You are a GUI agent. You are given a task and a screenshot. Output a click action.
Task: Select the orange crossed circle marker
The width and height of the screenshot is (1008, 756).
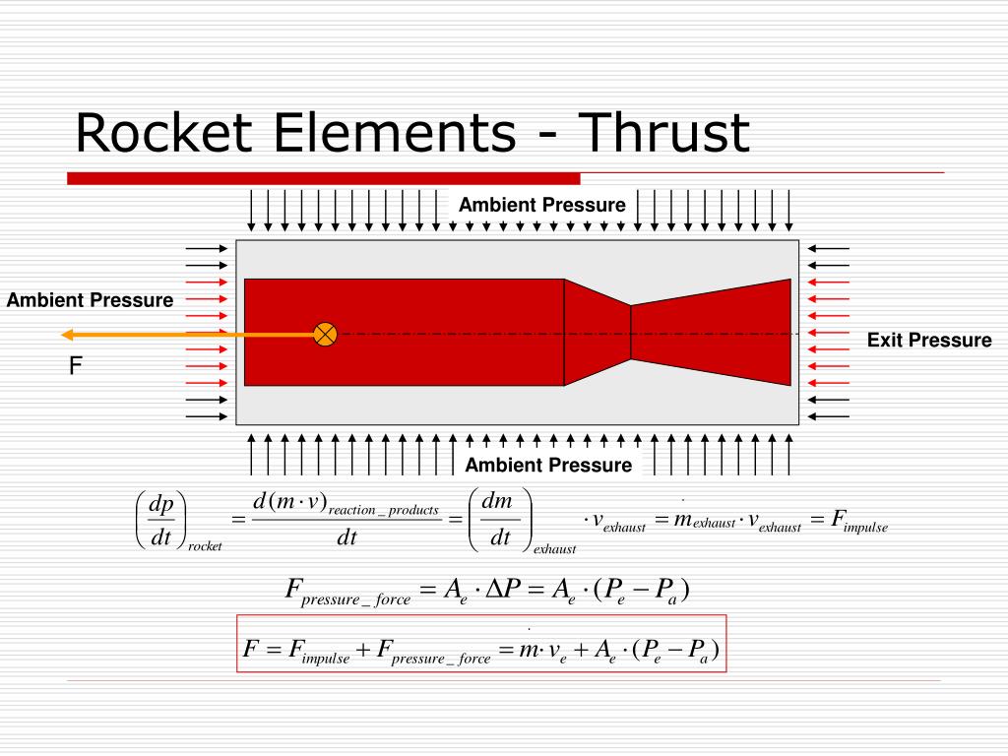(325, 334)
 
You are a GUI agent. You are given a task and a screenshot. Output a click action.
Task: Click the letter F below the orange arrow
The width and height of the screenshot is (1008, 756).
(74, 366)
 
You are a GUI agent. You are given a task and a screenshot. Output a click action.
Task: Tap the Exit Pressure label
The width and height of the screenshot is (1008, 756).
(929, 341)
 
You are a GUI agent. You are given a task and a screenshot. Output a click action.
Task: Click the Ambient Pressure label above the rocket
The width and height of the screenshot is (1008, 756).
(541, 205)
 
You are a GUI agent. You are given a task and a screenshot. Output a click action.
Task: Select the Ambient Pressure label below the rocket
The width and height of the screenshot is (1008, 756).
(548, 465)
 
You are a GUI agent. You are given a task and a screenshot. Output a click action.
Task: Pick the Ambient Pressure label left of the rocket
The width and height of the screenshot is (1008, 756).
(90, 299)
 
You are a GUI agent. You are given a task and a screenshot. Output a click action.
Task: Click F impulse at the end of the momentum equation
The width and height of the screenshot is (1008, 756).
(858, 522)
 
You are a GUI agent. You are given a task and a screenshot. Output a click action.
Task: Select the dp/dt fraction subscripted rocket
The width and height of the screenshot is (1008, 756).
(160, 522)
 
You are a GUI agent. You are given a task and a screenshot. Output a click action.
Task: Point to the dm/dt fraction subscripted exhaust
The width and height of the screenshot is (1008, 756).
(500, 522)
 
